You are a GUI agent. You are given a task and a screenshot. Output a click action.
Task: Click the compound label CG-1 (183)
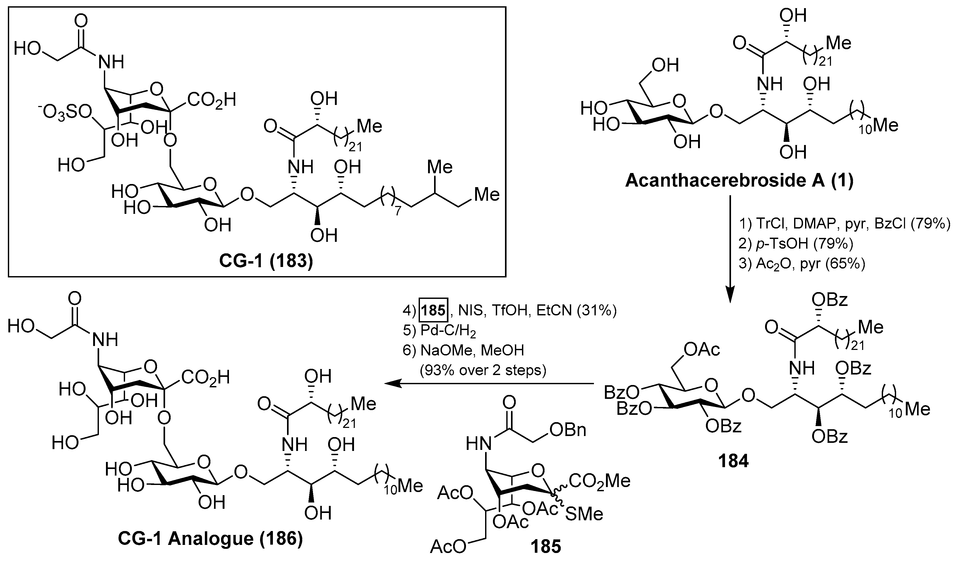266,261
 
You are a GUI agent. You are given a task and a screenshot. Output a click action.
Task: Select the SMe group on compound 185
584,514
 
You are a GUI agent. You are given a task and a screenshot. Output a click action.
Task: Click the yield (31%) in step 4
597,311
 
